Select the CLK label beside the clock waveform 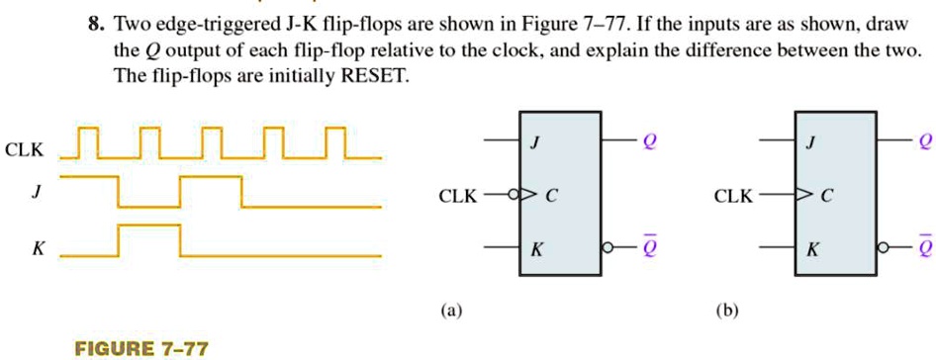(24, 150)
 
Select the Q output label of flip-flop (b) (924, 141)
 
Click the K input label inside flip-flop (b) (811, 249)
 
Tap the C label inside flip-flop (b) (829, 196)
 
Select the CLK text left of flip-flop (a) (457, 196)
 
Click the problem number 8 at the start (96, 20)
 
